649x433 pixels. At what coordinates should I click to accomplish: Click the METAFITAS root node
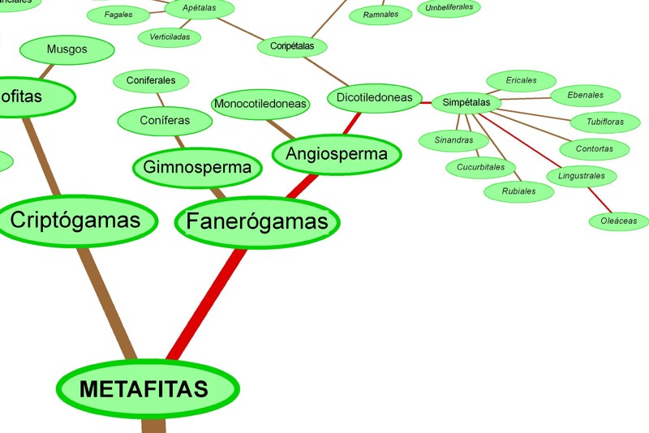(146, 388)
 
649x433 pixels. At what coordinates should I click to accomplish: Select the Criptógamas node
(75, 220)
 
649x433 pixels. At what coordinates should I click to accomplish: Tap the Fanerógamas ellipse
(256, 221)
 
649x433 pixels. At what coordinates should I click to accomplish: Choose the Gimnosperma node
(197, 168)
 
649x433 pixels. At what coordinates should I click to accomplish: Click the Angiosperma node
(337, 154)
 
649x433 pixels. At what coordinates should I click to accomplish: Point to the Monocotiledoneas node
(260, 104)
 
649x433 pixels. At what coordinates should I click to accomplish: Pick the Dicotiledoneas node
(375, 98)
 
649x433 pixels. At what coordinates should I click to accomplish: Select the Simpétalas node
(466, 103)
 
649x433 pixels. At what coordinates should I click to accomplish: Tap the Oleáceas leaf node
(618, 221)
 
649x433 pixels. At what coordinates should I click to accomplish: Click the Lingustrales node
(582, 175)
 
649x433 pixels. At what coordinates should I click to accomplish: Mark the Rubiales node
(518, 191)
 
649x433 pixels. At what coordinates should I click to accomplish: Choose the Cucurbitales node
(481, 168)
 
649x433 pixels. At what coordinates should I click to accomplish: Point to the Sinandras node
(453, 140)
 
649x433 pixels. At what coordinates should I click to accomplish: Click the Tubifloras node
(605, 122)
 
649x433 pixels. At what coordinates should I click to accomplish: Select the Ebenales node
(585, 95)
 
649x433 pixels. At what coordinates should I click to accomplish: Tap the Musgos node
(67, 49)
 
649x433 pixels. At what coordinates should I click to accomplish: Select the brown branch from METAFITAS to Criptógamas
(106, 300)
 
